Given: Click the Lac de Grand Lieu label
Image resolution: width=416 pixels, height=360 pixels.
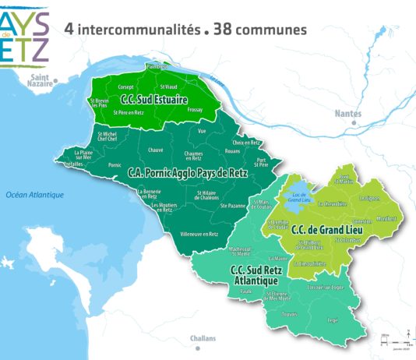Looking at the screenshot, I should coord(298,199).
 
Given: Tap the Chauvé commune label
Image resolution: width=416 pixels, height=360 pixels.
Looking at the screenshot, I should coord(155,150).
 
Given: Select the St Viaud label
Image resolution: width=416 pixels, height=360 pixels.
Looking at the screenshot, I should coord(169,86).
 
